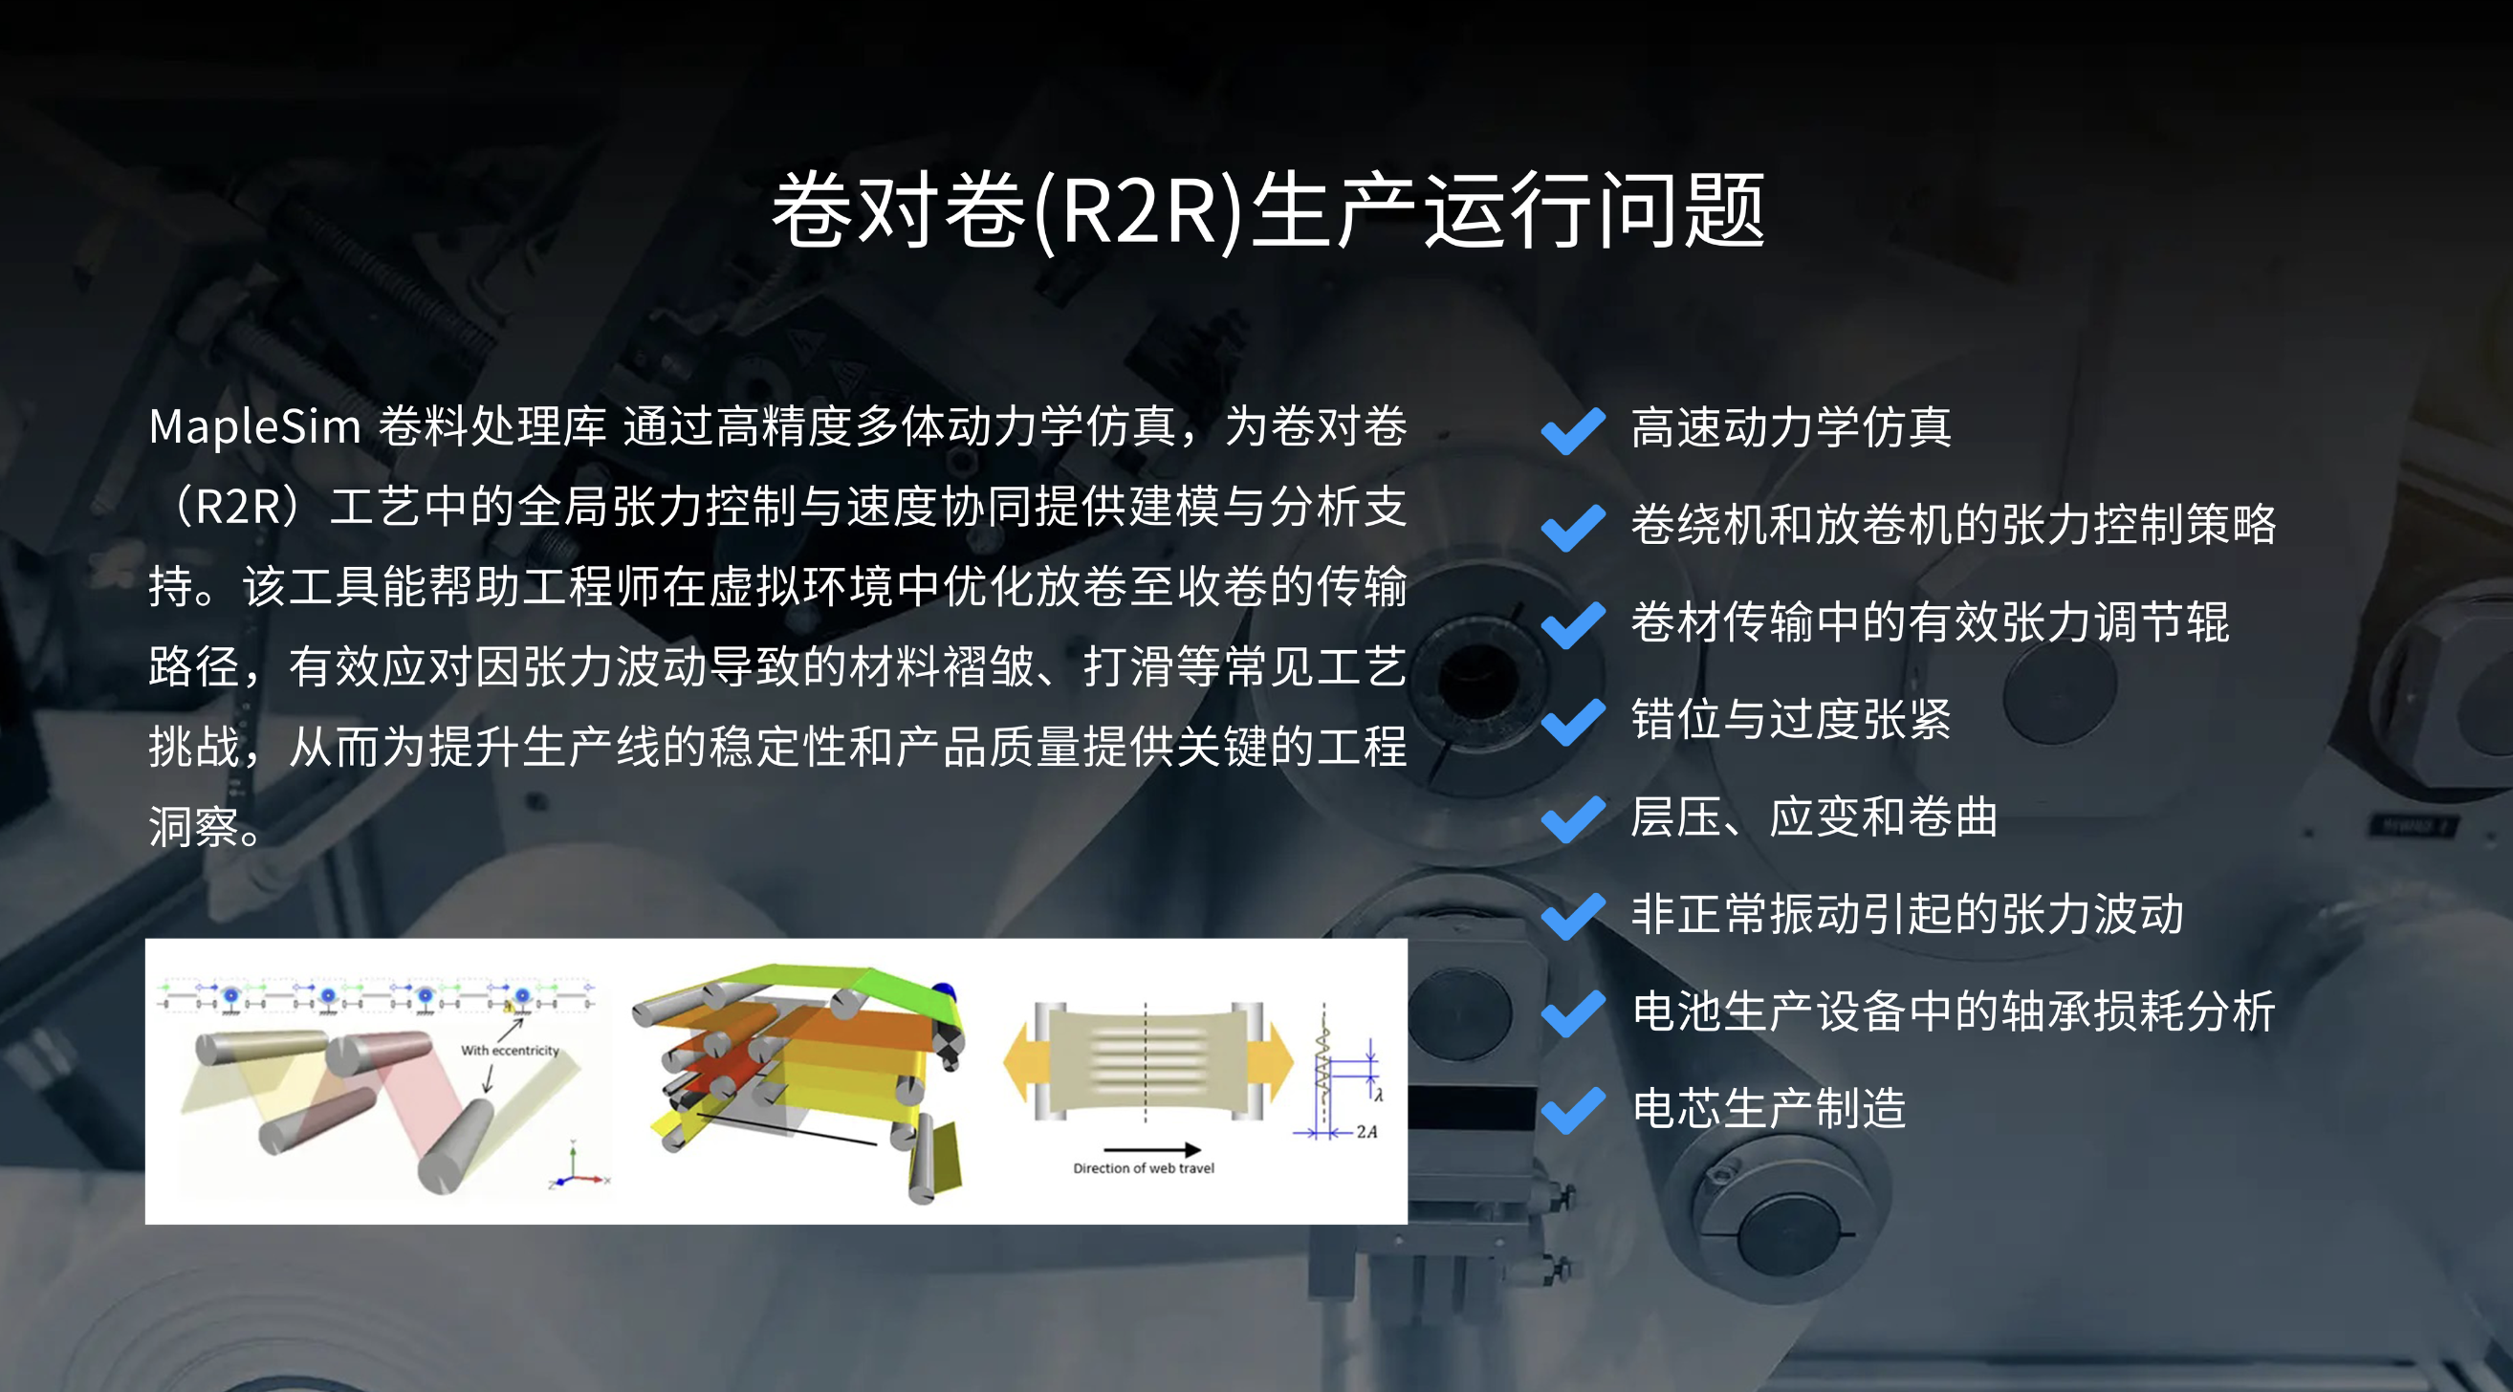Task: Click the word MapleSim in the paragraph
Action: (254, 427)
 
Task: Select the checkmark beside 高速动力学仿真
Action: (1573, 430)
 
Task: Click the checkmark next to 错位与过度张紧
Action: (1573, 722)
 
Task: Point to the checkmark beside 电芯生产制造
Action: (1573, 1110)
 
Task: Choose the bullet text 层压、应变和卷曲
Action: (1815, 817)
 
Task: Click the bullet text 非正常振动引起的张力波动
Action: (1907, 914)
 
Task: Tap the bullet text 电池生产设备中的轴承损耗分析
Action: (1953, 1011)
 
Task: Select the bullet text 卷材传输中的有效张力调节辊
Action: (1931, 622)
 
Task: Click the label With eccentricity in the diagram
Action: (511, 1051)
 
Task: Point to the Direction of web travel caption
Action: (1144, 1167)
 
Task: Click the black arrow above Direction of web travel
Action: (1151, 1150)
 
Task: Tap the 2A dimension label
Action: (1366, 1132)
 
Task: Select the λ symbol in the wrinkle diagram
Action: (1379, 1096)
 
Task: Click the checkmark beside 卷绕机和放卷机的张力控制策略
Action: (1573, 528)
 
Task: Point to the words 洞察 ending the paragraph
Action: (194, 827)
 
